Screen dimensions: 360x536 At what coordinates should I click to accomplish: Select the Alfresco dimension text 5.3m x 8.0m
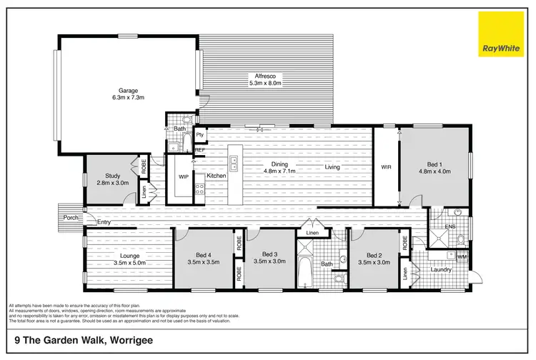coord(265,84)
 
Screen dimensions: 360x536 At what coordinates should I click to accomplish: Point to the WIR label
coord(387,169)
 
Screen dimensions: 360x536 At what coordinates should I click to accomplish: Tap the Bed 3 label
coord(269,254)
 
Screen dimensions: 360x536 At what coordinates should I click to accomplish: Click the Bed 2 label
coord(374,254)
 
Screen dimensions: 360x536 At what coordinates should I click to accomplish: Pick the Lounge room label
coord(129,255)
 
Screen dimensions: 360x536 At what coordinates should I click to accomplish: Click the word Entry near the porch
coord(104,223)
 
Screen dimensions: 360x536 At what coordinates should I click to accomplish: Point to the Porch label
coord(71,217)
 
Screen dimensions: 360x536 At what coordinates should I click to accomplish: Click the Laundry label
coord(440,270)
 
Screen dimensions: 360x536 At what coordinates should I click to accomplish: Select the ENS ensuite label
coord(450,227)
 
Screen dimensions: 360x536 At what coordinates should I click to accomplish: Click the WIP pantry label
coord(184,176)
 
